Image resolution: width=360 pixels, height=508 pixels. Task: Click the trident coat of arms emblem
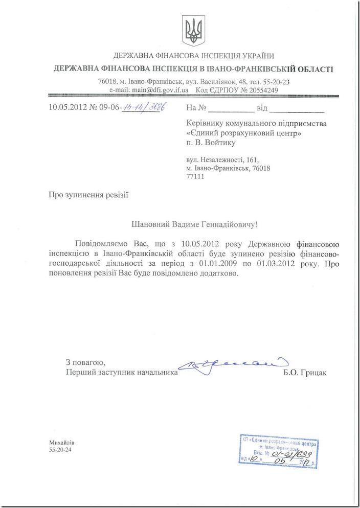tap(193, 30)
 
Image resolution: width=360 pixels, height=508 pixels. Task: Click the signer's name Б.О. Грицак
tap(304, 373)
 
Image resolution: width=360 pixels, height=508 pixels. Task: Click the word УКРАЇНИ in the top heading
tap(254, 56)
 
